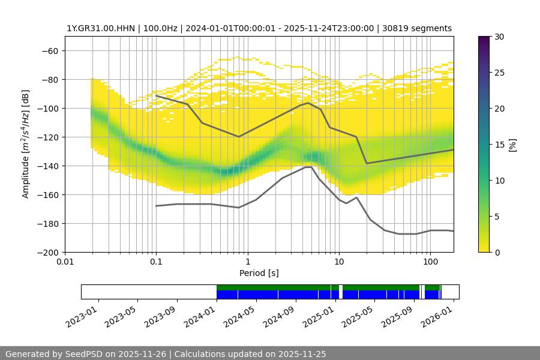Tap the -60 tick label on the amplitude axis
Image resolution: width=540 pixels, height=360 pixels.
click(49, 51)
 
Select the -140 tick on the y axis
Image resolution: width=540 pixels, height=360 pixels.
click(47, 166)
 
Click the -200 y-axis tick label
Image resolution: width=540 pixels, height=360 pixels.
click(47, 253)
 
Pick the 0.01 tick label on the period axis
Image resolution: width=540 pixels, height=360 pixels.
click(65, 262)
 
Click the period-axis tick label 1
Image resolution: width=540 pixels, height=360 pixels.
click(247, 262)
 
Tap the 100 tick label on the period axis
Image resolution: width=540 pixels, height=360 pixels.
click(430, 262)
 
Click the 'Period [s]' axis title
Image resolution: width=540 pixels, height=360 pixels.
click(259, 273)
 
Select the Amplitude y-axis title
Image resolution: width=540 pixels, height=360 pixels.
click(26, 144)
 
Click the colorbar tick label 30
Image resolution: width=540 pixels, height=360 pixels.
click(498, 37)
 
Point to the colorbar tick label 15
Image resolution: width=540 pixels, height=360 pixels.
click(498, 145)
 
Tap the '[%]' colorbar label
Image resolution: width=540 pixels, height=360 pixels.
click(512, 145)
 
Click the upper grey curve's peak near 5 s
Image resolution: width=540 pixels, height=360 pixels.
click(308, 103)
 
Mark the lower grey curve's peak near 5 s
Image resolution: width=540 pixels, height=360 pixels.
click(309, 167)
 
